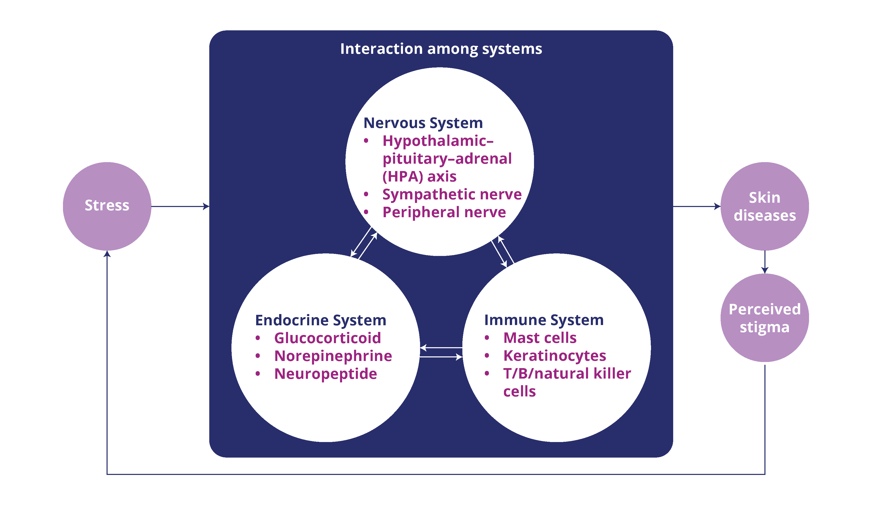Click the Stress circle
pyautogui.click(x=107, y=206)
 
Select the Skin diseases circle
pyautogui.click(x=765, y=206)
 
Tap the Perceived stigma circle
pyautogui.click(x=765, y=318)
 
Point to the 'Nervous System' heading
pyautogui.click(x=423, y=123)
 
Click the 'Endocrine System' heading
pyautogui.click(x=320, y=320)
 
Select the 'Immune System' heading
pyautogui.click(x=544, y=320)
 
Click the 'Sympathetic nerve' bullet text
pyautogui.click(x=452, y=195)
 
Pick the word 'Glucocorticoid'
pyautogui.click(x=327, y=338)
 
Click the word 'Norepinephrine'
pyautogui.click(x=333, y=356)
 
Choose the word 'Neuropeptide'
pyautogui.click(x=325, y=374)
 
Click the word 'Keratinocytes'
pyautogui.click(x=555, y=356)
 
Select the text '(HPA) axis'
pyautogui.click(x=419, y=177)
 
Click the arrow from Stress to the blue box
pyautogui.click(x=180, y=206)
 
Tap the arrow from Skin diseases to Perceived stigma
pyautogui.click(x=765, y=262)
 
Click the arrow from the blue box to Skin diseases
pyautogui.click(x=697, y=206)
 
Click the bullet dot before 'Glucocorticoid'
pyautogui.click(x=257, y=338)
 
